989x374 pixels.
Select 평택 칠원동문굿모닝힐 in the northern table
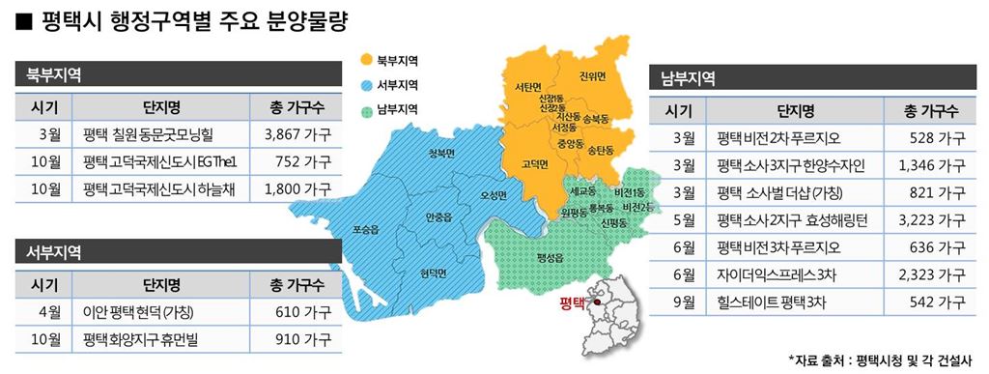pyautogui.click(x=155, y=133)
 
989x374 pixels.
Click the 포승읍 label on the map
pyautogui.click(x=366, y=230)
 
